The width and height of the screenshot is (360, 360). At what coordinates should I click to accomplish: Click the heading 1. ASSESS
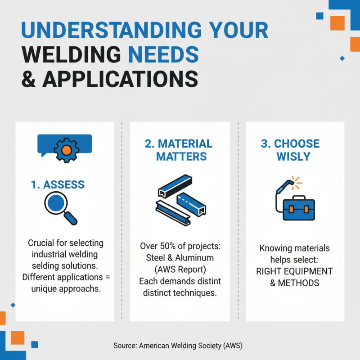click(x=58, y=184)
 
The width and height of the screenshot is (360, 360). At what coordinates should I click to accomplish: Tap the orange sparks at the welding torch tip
click(x=296, y=182)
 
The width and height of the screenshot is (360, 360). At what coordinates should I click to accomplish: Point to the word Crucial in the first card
click(x=43, y=243)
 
